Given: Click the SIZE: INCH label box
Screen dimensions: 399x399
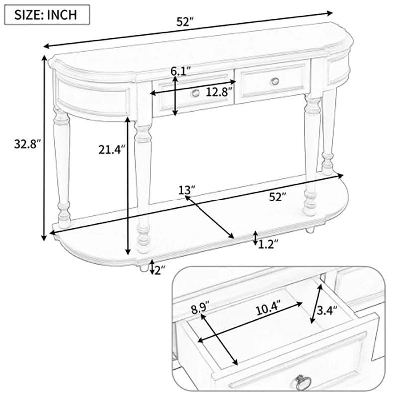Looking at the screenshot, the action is [47, 15].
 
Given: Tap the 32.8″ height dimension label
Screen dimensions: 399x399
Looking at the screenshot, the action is [27, 144].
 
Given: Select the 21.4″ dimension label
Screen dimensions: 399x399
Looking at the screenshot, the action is [112, 149].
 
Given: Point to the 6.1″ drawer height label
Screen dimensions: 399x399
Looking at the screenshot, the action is [181, 71].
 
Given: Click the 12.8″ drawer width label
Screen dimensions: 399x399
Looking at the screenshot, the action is [219, 92].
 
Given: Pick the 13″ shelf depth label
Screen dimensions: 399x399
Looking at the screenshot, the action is [187, 190].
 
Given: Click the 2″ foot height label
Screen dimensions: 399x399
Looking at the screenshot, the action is [160, 270].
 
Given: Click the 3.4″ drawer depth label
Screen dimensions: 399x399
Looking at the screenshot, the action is [327, 310].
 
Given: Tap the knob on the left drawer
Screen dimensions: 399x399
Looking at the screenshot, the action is [195, 93].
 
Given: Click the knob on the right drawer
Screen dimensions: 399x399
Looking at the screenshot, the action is [275, 81].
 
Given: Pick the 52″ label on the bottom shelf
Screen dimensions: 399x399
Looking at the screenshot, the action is [278, 197].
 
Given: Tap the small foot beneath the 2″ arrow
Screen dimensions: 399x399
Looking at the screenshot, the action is [144, 268].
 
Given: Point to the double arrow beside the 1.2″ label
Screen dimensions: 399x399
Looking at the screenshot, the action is [255, 239].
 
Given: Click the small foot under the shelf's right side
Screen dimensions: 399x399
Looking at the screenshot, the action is [309, 230].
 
